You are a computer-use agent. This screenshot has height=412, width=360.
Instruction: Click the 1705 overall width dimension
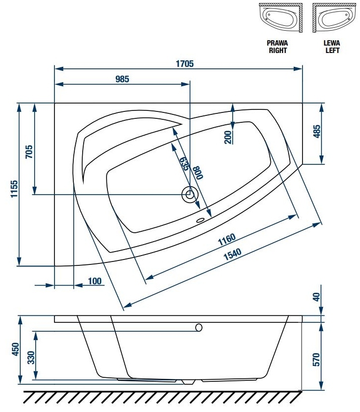click(185, 63)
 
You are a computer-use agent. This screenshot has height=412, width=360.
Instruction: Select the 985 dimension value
click(122, 79)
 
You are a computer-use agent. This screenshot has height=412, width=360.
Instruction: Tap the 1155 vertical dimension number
click(14, 189)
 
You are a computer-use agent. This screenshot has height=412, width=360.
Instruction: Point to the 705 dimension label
click(29, 152)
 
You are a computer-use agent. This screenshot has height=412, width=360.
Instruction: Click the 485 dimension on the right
click(317, 131)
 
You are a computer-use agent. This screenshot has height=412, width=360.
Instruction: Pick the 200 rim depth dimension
click(228, 137)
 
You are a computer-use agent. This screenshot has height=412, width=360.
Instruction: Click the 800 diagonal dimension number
click(198, 173)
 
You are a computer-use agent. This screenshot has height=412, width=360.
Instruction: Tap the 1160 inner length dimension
click(227, 239)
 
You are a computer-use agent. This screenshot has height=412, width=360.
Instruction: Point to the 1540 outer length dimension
click(232, 254)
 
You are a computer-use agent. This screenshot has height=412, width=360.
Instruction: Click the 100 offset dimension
click(95, 281)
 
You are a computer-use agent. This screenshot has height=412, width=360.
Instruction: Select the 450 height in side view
click(15, 349)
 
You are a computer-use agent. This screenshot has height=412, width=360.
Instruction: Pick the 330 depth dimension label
click(31, 358)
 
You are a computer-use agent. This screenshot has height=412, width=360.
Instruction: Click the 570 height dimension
click(316, 360)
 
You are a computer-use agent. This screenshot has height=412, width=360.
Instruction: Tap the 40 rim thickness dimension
click(317, 297)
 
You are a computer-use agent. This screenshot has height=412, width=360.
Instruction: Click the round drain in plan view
click(189, 195)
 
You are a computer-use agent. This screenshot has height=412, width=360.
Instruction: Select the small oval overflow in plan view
click(201, 220)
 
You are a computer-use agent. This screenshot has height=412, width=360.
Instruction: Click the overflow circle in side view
click(199, 327)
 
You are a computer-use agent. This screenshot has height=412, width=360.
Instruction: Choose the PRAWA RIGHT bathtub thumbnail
click(280, 18)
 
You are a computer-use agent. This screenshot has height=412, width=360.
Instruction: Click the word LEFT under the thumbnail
click(332, 50)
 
